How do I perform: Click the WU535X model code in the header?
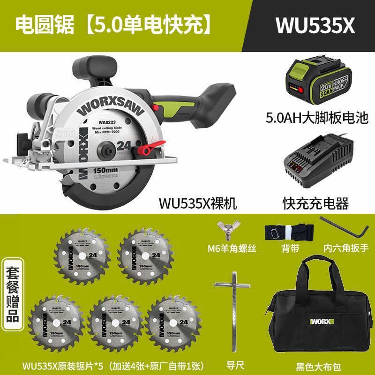(x=315, y=25)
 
